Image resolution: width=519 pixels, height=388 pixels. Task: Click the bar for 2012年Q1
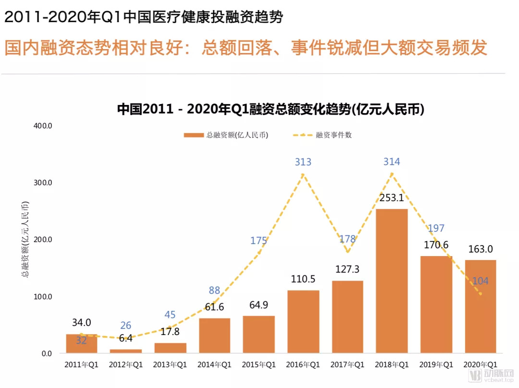pyautogui.click(x=126, y=351)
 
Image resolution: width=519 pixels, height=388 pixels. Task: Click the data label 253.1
pyautogui.click(x=392, y=198)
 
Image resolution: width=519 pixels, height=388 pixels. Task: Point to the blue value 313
pyautogui.click(x=303, y=162)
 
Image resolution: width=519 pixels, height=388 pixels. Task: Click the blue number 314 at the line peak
pyautogui.click(x=392, y=162)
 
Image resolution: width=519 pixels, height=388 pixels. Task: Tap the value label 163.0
pyautogui.click(x=481, y=249)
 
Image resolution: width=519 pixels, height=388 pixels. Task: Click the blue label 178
pyautogui.click(x=347, y=239)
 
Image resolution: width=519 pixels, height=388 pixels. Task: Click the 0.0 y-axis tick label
pyautogui.click(x=46, y=354)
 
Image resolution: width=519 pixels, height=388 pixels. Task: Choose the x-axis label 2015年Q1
pyautogui.click(x=259, y=365)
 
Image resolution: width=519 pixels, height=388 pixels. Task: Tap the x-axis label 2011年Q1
pyautogui.click(x=81, y=365)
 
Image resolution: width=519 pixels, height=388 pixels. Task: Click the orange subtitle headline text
pyautogui.click(x=246, y=48)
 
